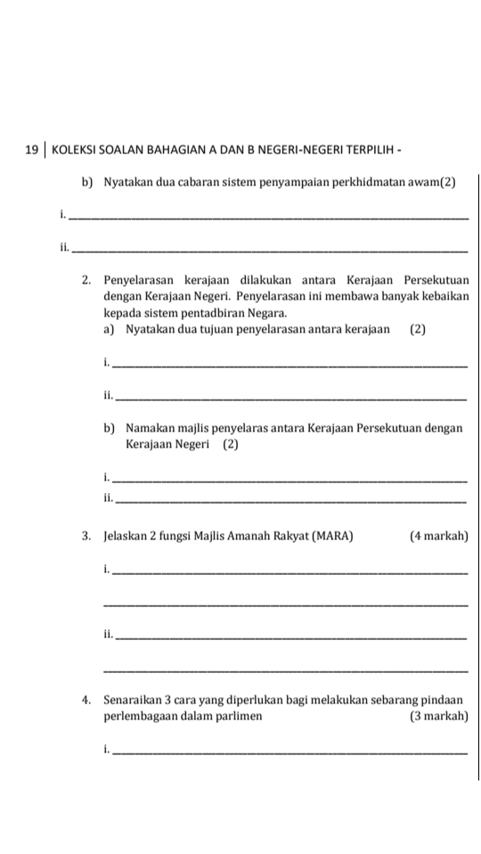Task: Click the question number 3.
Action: tap(86, 537)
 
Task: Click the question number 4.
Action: tap(86, 701)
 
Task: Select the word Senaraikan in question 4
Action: tap(135, 701)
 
